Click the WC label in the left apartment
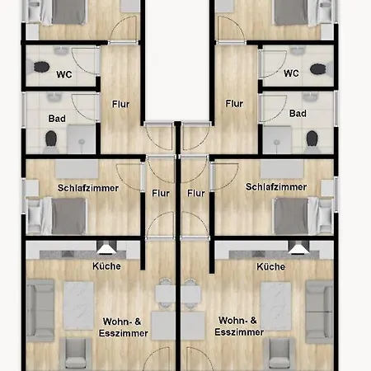[x=64, y=74]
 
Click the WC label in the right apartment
[x=291, y=73]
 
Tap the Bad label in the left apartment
[x=57, y=119]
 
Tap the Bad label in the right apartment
[x=298, y=113]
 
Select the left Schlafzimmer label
[x=88, y=188]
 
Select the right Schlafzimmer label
[x=276, y=187]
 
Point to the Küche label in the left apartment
[x=106, y=266]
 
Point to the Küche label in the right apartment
[x=271, y=266]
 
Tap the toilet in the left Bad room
[x=51, y=141]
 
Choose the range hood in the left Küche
[x=106, y=247]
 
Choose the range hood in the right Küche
[x=298, y=247]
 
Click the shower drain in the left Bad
[x=82, y=142]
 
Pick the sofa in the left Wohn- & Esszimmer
[x=40, y=310]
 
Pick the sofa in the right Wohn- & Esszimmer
[x=319, y=312]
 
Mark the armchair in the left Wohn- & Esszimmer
[x=76, y=354]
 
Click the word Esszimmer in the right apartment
[x=239, y=332]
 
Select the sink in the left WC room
[x=60, y=51]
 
